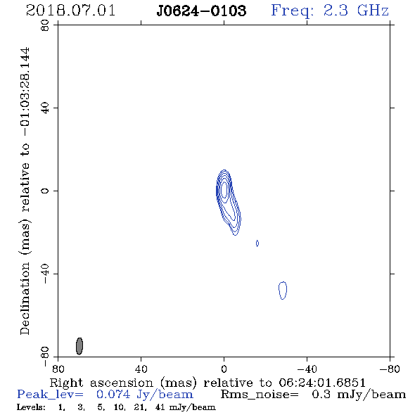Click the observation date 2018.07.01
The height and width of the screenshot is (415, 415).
(70, 11)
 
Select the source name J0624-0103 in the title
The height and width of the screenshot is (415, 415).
(201, 11)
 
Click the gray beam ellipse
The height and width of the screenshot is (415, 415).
(79, 346)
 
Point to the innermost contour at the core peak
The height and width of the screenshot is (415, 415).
(224, 189)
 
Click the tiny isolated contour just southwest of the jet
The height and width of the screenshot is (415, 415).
(257, 243)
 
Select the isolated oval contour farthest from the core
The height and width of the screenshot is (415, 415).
(283, 290)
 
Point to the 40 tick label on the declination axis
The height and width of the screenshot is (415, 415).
(45, 108)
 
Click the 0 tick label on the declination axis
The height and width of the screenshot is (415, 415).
(45, 191)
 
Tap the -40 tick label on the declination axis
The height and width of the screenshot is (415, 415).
(45, 274)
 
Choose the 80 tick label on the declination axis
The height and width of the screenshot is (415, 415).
(45, 25)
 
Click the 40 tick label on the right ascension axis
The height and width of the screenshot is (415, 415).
(141, 369)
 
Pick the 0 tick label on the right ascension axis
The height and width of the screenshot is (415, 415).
(224, 369)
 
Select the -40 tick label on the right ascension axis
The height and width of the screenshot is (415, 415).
(307, 369)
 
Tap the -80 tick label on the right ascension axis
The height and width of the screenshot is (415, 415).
(390, 369)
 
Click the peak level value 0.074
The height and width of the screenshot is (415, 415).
(113, 395)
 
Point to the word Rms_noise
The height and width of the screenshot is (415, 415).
(259, 395)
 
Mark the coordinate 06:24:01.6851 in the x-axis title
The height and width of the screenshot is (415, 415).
(322, 383)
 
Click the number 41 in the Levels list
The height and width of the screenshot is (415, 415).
(160, 407)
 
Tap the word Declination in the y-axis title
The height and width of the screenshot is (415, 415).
(25, 298)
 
